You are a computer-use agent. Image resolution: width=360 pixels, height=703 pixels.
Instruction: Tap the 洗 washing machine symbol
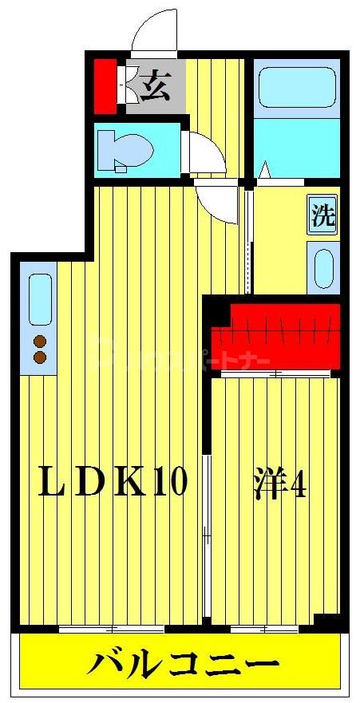[x=322, y=215]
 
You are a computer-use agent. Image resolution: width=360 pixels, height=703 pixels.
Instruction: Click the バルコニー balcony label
[x=183, y=664]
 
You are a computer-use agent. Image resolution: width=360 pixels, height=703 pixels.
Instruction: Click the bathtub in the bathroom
[x=296, y=87]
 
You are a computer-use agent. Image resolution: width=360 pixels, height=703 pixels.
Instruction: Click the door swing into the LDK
[x=218, y=201]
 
